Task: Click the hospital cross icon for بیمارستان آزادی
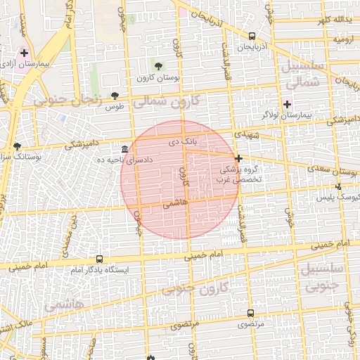(24, 53)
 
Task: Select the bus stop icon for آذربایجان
(252, 37)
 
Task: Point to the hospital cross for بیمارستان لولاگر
(287, 104)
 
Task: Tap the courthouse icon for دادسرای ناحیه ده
(124, 149)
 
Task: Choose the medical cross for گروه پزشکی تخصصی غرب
(239, 158)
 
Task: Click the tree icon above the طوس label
(115, 96)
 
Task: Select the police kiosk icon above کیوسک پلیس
(339, 186)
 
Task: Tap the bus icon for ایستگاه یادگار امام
(99, 259)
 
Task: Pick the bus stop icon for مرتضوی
(250, 314)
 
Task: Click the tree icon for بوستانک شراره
(17, 146)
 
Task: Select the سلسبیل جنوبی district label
(321, 277)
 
